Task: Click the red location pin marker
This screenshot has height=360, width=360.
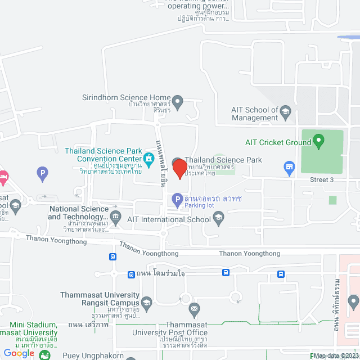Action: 179,169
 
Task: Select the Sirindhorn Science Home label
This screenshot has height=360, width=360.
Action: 126,97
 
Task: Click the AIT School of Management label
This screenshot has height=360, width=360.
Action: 255,114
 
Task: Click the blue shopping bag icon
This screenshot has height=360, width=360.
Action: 290,167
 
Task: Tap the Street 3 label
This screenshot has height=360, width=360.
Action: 322,179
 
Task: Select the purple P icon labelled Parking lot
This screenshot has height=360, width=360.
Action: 177,199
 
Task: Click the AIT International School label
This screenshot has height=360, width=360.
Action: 168,219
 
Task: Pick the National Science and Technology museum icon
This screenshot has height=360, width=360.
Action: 116,216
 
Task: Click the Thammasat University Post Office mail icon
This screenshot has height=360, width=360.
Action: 194,308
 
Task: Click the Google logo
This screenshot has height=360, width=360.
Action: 19,353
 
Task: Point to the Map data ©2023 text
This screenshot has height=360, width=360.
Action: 336,355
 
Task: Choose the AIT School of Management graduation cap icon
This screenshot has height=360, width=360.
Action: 285,110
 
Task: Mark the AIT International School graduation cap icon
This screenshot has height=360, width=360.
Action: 219,217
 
